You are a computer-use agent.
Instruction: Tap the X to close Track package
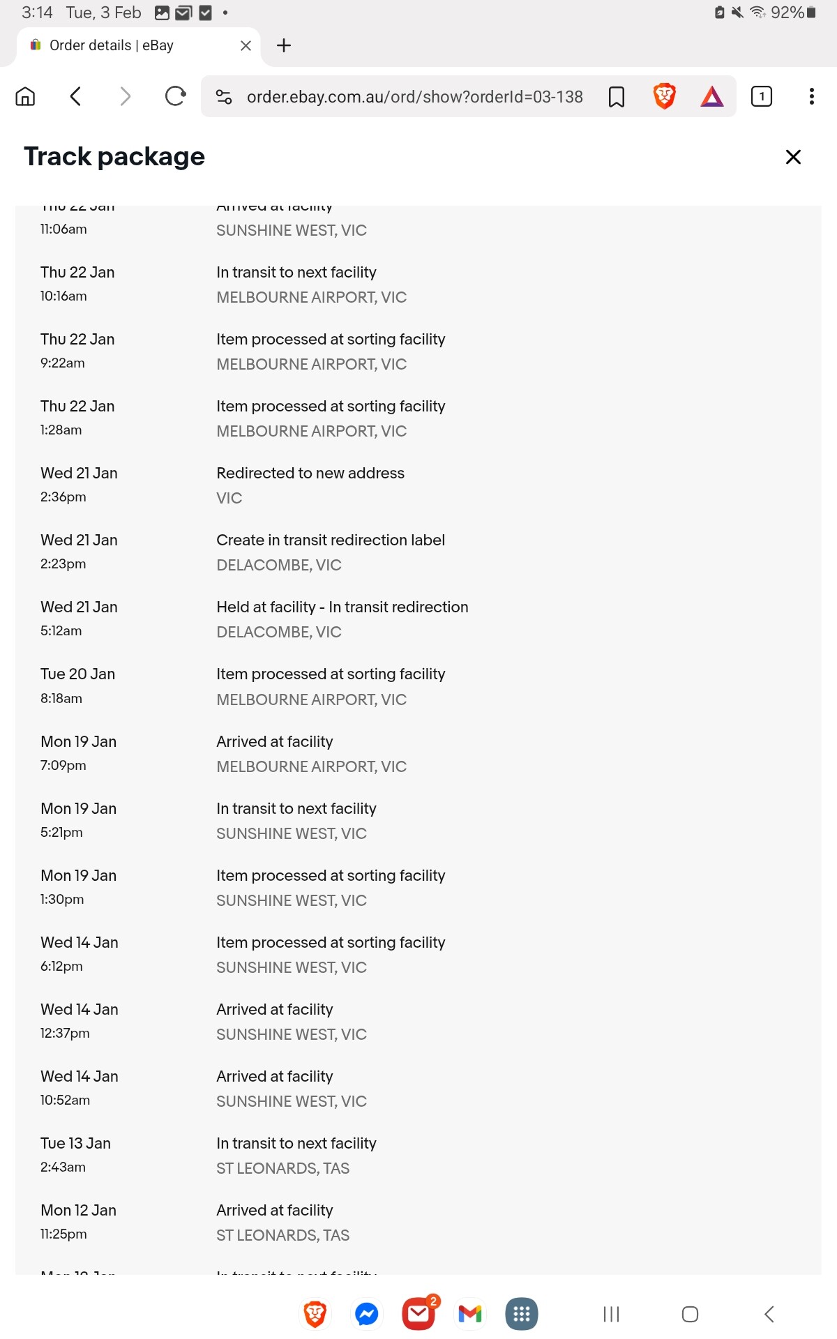(793, 157)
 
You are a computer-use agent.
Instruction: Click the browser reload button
(175, 96)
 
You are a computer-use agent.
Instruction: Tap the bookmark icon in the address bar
(617, 97)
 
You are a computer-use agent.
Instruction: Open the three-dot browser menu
(811, 96)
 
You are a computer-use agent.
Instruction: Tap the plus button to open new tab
(284, 46)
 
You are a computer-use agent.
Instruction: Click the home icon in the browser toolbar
(25, 96)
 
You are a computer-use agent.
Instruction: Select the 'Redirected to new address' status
(310, 473)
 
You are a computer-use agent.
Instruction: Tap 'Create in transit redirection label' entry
(331, 540)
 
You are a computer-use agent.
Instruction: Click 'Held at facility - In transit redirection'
(342, 607)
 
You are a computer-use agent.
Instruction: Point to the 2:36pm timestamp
(63, 497)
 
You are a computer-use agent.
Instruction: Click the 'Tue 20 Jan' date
(77, 674)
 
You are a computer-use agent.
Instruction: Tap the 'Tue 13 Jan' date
(75, 1143)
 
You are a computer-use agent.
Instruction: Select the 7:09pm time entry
(63, 765)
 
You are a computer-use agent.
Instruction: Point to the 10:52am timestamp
(65, 1100)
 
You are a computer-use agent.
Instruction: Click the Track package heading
(114, 157)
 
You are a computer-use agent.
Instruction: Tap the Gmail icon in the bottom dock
(470, 1314)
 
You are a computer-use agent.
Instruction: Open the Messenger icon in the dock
(367, 1314)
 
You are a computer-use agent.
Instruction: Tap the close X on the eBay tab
(246, 46)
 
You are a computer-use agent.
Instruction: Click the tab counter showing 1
(762, 96)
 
